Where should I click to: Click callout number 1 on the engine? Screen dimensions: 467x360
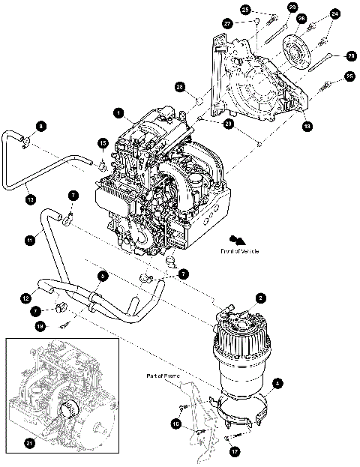(118, 112)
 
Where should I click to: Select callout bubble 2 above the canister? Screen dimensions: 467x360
(259, 298)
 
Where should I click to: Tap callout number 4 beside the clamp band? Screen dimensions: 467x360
(278, 385)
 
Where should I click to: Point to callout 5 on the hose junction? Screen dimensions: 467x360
(103, 276)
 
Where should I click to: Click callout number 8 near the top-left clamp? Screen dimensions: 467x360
(41, 125)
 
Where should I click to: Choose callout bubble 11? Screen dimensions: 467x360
(29, 240)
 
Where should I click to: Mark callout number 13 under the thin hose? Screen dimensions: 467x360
(30, 200)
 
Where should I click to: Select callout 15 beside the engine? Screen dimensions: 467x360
(103, 142)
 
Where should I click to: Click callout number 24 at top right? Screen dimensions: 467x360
(334, 13)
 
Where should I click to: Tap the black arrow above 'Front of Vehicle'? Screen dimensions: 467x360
(238, 240)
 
